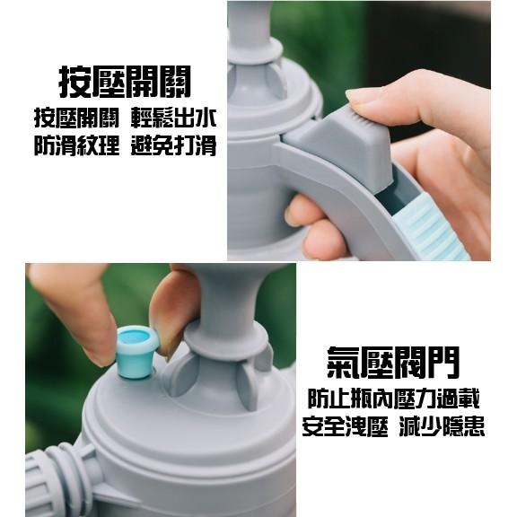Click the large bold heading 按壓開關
pos(125,83)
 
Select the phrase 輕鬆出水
pos(175,118)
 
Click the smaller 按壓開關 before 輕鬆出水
pos(76,118)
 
